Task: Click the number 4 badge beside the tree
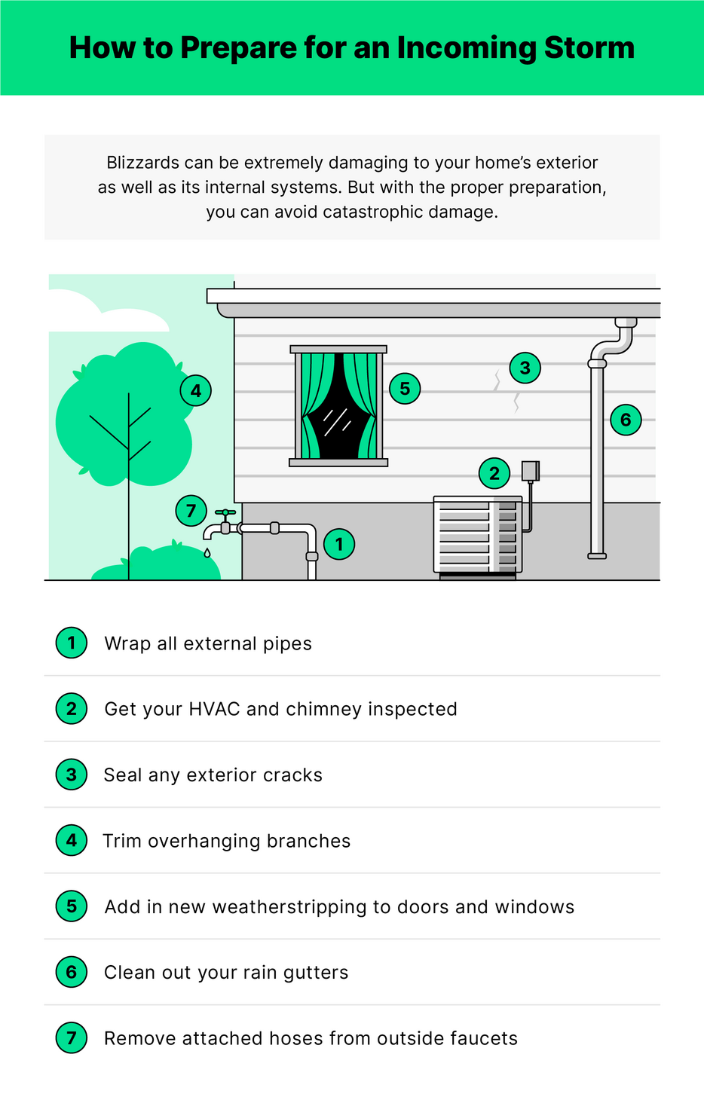click(x=196, y=391)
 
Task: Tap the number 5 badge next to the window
click(x=405, y=389)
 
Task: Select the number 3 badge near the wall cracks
click(x=525, y=368)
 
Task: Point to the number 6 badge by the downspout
click(x=626, y=420)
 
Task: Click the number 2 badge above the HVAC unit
click(x=494, y=473)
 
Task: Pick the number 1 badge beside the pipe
click(x=339, y=544)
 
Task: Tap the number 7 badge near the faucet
click(x=191, y=511)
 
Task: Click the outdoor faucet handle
click(x=225, y=513)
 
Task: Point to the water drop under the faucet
click(x=207, y=553)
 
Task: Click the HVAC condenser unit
click(x=477, y=534)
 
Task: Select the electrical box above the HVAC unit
click(x=531, y=471)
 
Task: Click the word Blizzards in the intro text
click(x=142, y=163)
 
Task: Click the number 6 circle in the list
click(x=72, y=972)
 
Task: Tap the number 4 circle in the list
click(x=72, y=840)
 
